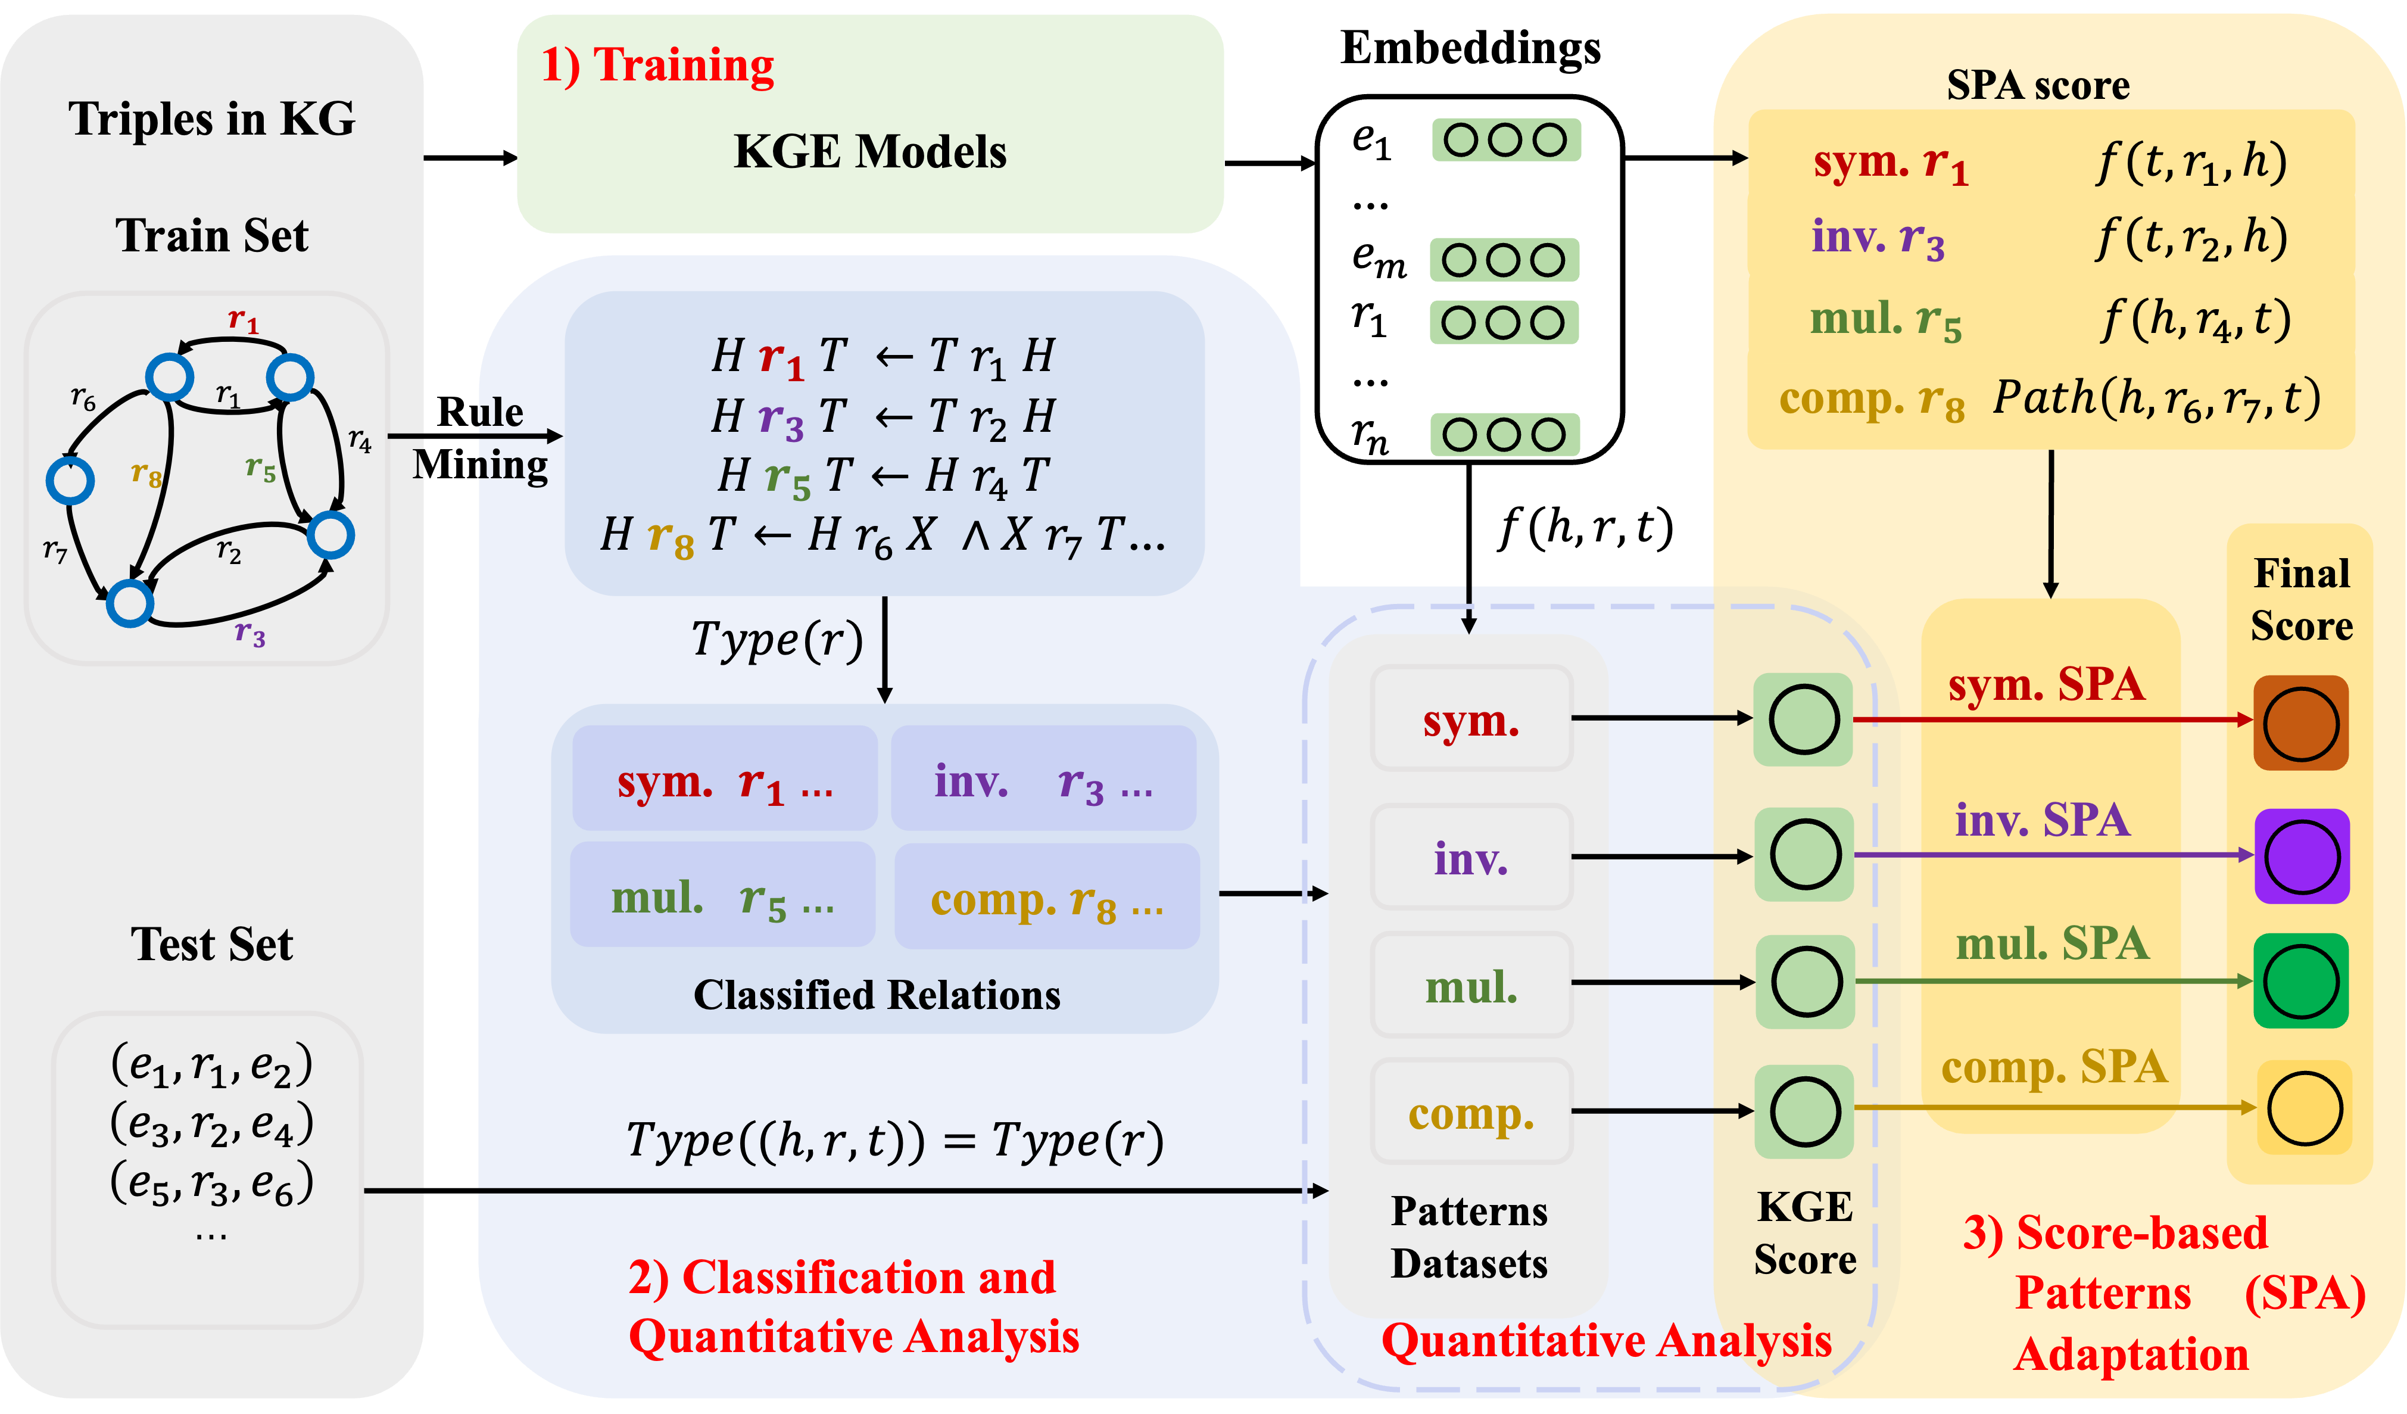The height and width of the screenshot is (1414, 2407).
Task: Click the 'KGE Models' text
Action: tap(869, 151)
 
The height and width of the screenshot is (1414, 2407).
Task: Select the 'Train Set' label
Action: tap(212, 235)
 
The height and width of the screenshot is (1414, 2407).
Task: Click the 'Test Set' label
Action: tap(212, 944)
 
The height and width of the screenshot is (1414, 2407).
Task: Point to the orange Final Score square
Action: tap(2301, 723)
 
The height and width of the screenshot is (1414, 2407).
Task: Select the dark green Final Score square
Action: tap(2301, 981)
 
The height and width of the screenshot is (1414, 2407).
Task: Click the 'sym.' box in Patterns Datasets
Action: tap(1471, 720)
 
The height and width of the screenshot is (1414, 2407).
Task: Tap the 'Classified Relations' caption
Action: tap(877, 995)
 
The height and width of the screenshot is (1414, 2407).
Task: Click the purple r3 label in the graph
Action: tap(250, 633)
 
